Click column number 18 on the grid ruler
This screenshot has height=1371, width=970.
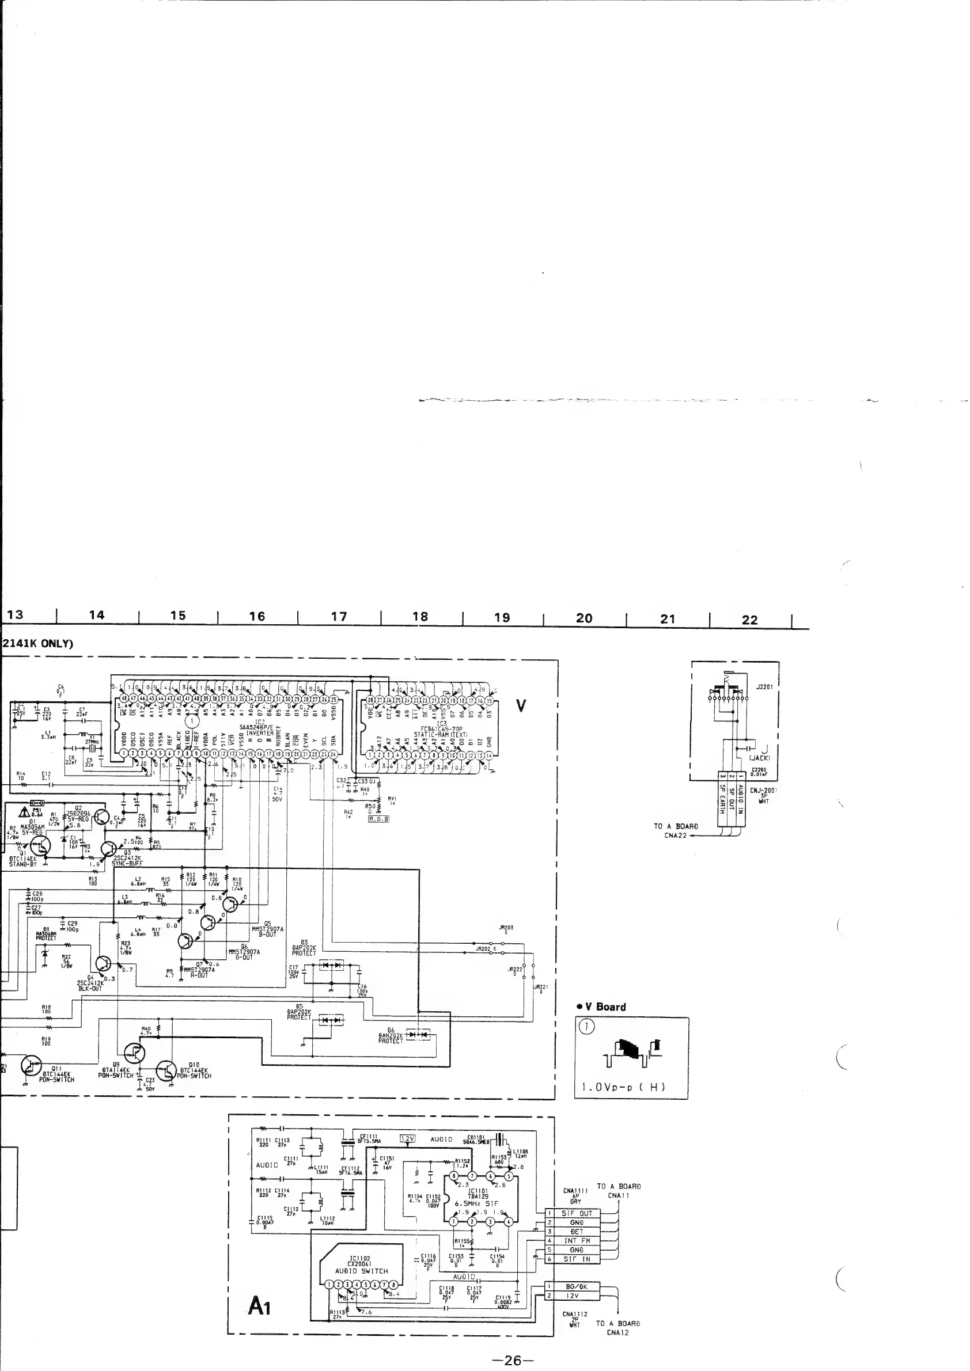(x=420, y=617)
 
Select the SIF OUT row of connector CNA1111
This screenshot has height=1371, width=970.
(x=577, y=1213)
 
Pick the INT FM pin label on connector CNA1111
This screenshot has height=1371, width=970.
(x=577, y=1240)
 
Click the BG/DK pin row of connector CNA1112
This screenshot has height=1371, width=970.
(x=577, y=1287)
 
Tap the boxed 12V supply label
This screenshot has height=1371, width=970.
(x=407, y=1139)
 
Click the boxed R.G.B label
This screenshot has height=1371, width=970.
(x=378, y=819)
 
